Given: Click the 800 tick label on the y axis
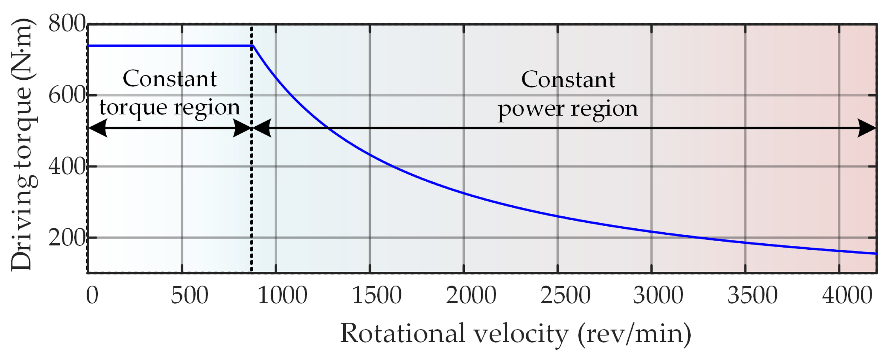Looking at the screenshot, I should point(67,24).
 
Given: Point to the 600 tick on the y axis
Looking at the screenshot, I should point(67,95).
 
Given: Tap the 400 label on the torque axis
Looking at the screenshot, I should point(67,166).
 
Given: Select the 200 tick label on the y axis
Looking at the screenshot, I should point(67,238).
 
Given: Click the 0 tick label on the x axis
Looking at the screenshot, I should point(92,295).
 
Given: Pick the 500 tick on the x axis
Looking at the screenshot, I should point(189,295).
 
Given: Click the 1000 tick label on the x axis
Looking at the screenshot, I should point(282,295).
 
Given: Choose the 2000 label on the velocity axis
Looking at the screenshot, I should point(471,295).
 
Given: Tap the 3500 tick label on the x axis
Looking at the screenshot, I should point(752,295).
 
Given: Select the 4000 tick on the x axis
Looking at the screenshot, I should point(847,295).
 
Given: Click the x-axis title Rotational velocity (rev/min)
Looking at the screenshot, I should point(516,334).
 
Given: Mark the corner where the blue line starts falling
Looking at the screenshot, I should point(253,46).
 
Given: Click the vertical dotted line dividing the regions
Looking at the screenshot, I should point(251,199).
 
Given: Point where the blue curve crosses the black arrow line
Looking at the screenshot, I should point(327,128).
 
